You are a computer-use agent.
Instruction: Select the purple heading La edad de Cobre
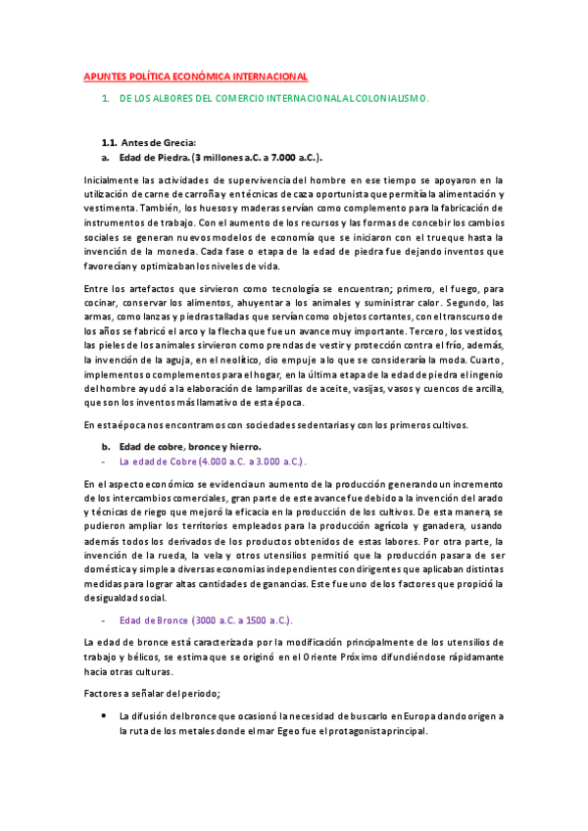[159, 461]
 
